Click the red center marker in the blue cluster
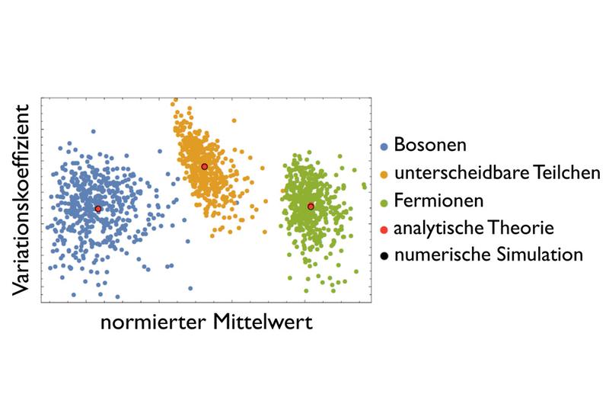[x=98, y=209]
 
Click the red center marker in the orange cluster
[x=204, y=166]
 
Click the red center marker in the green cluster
[x=311, y=207]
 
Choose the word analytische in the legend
[x=435, y=228]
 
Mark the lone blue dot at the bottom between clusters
[x=190, y=288]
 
